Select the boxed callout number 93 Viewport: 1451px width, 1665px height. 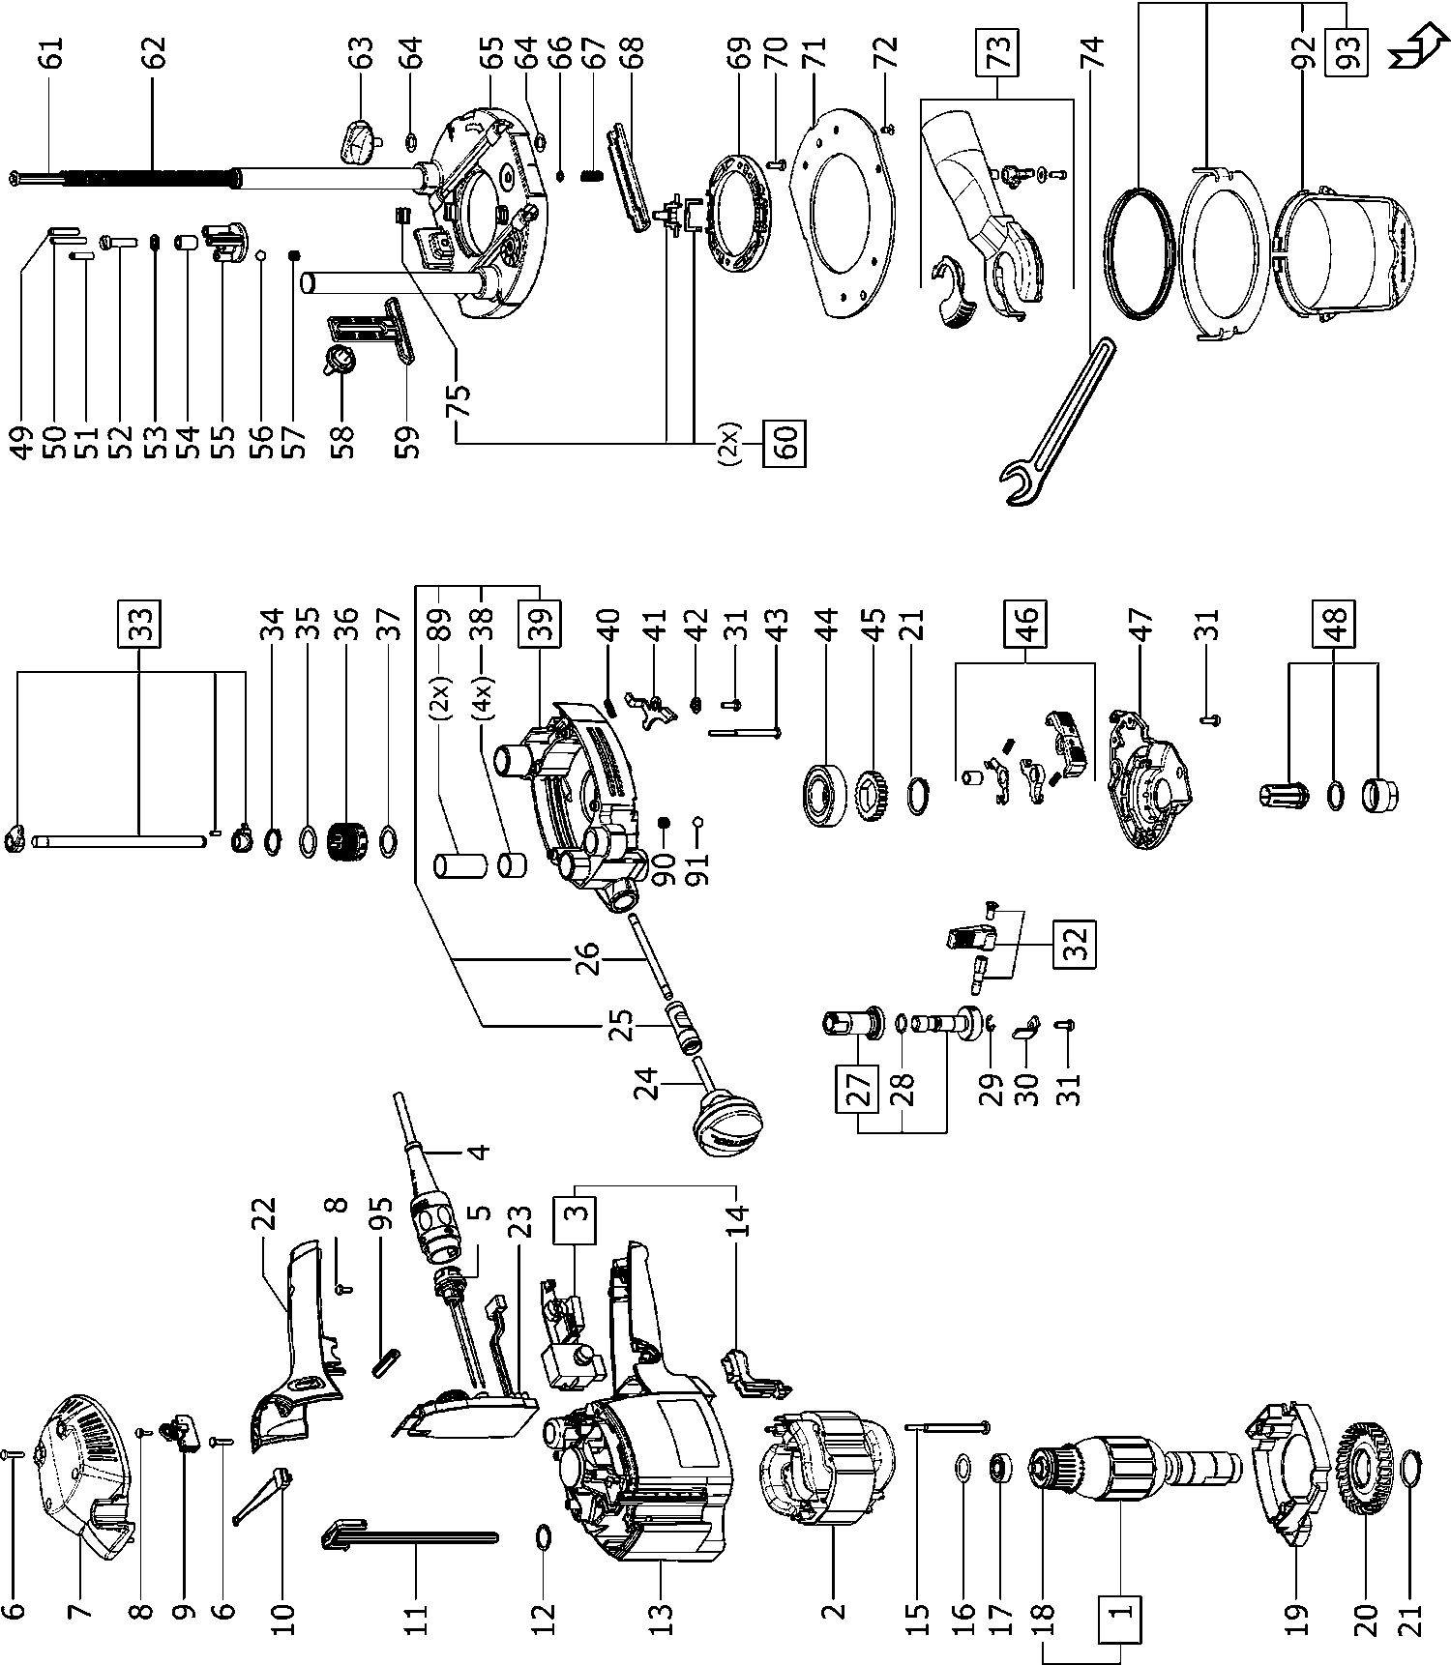(1350, 48)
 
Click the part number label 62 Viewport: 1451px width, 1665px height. (155, 50)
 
